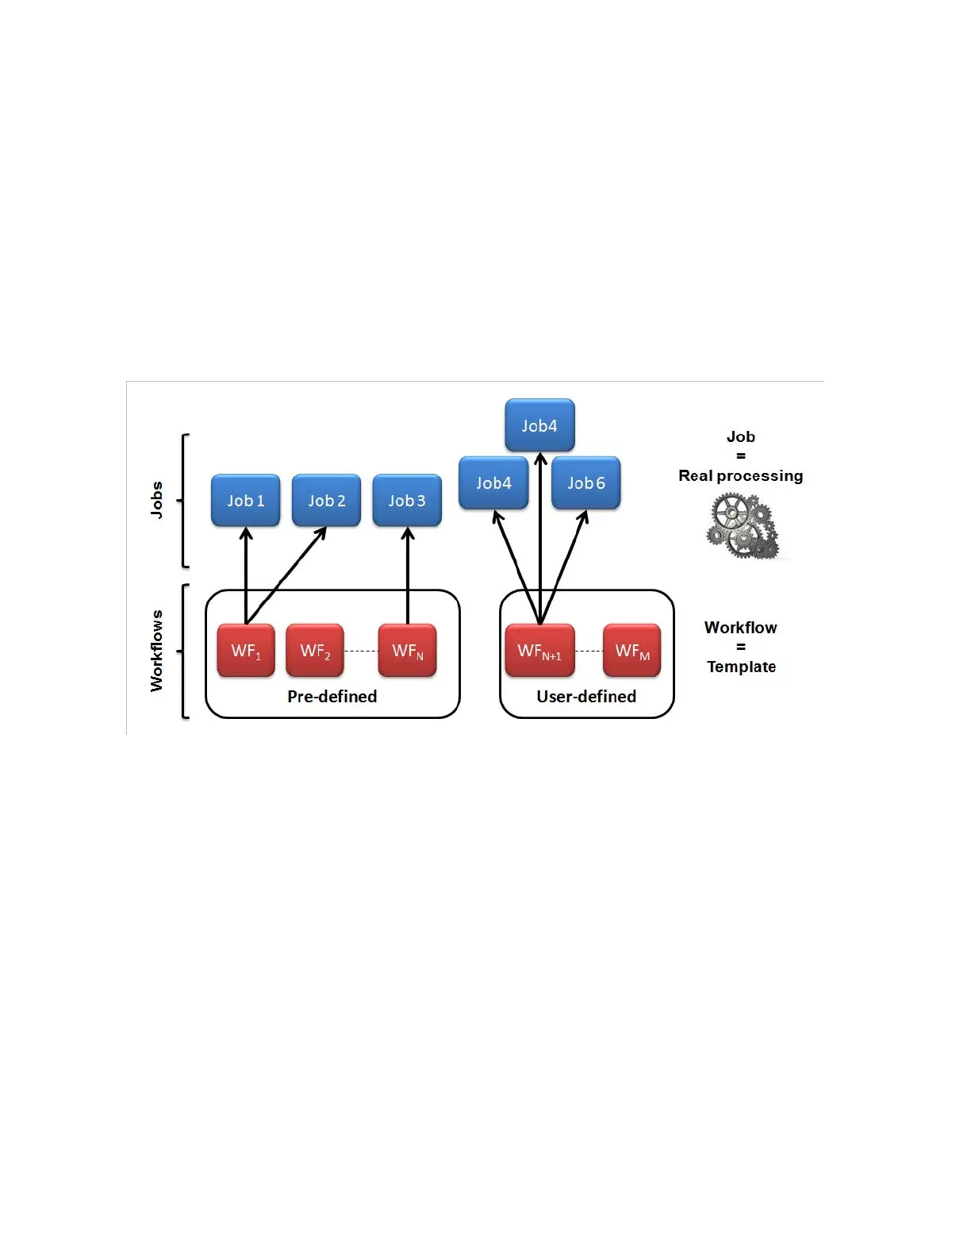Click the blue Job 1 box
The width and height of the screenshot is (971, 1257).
pos(246,501)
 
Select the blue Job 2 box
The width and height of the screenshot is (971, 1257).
pos(327,501)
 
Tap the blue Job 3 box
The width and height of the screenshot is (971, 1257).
pos(407,501)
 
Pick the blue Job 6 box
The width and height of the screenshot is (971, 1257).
pos(586,483)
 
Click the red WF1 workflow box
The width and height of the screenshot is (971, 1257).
pos(246,651)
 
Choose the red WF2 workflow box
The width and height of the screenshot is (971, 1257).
pos(315,651)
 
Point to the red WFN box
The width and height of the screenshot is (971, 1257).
pos(408,651)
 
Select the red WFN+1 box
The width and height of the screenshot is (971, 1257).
pos(539,651)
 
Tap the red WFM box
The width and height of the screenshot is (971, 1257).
pos(632,651)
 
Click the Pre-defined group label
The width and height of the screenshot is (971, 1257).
pos(332,696)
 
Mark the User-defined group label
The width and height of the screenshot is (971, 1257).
pos(586,696)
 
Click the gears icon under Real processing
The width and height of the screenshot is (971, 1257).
pos(743,525)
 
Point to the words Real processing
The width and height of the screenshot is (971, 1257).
pos(740,475)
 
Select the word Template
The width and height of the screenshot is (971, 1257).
pos(741,667)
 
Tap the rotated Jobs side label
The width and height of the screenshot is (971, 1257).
pos(156,500)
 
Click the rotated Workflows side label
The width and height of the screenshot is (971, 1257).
pos(156,651)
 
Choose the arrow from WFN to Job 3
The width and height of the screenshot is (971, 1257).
pos(408,575)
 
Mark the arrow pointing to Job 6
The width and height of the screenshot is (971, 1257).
pos(565,563)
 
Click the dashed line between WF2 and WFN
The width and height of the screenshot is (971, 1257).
pos(361,651)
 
